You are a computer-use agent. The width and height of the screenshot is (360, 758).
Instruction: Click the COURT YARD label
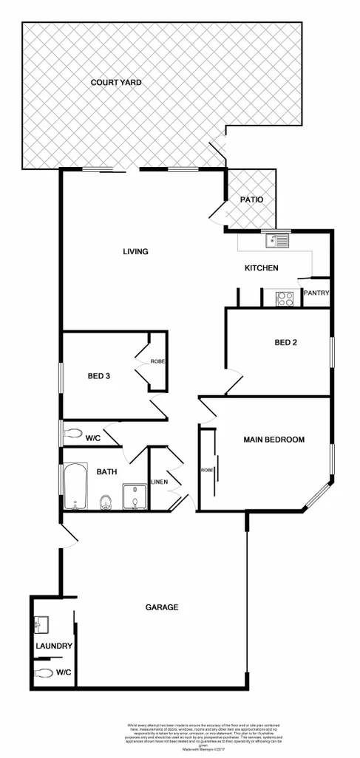tap(116, 83)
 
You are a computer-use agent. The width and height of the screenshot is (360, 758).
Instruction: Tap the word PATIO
tap(251, 199)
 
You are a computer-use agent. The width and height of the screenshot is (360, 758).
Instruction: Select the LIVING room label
tap(135, 252)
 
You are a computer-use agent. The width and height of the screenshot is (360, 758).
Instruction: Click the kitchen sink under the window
tap(279, 240)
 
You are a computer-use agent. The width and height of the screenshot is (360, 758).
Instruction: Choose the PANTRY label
tap(316, 293)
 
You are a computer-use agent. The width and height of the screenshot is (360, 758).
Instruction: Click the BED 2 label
tap(286, 342)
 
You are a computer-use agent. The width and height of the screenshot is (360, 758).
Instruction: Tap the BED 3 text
tap(99, 376)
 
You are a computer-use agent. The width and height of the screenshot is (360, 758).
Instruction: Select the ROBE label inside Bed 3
tap(157, 361)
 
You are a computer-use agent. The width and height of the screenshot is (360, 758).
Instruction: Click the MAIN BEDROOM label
tap(274, 440)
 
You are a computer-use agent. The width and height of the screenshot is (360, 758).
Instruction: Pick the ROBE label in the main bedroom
tap(207, 470)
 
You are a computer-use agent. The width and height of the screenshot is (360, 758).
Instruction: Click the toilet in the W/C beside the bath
tap(72, 434)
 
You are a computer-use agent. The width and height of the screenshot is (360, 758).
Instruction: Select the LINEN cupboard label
tap(160, 482)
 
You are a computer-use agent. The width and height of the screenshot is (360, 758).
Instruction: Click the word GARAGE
tap(162, 607)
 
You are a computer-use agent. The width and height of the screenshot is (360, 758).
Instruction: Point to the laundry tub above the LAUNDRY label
tap(41, 624)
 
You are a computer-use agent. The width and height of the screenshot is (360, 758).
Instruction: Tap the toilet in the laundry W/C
tap(44, 673)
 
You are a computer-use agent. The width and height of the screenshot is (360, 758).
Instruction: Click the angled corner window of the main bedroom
tap(319, 497)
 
